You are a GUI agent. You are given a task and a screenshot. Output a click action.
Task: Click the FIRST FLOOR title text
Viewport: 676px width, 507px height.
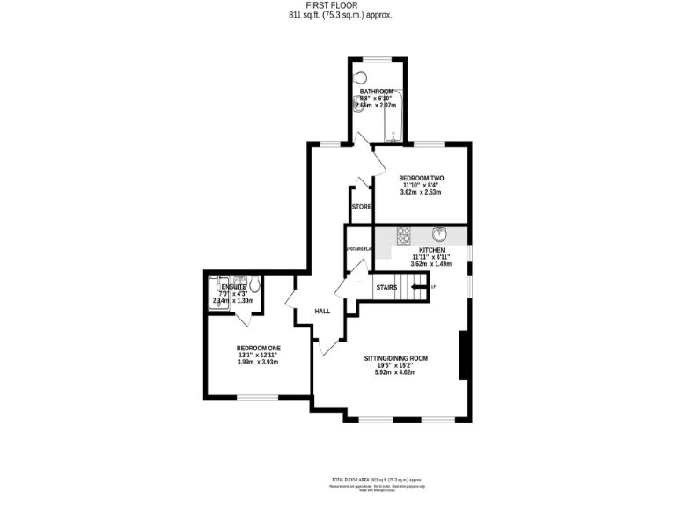pyautogui.click(x=338, y=5)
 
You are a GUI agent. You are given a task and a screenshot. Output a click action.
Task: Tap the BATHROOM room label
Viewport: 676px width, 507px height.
pyautogui.click(x=376, y=90)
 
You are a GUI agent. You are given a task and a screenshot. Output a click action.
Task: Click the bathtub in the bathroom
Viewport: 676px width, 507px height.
pyautogui.click(x=393, y=114)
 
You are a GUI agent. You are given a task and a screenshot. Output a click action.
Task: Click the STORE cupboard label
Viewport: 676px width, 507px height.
pyautogui.click(x=361, y=207)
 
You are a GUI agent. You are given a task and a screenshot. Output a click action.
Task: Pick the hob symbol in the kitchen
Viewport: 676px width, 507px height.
pyautogui.click(x=405, y=235)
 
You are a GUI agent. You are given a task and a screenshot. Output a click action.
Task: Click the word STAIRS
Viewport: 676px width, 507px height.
pyautogui.click(x=386, y=287)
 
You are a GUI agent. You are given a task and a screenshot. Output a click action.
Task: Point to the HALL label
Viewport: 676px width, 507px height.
pyautogui.click(x=323, y=311)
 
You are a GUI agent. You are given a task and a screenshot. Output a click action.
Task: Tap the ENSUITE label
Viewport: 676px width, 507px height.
pyautogui.click(x=233, y=286)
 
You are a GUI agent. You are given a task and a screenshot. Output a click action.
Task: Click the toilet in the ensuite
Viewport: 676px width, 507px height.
pyautogui.click(x=254, y=285)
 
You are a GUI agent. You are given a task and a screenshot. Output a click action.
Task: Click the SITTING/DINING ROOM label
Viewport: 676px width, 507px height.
pyautogui.click(x=396, y=358)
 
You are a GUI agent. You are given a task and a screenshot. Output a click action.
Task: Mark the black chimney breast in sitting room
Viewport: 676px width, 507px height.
pyautogui.click(x=464, y=356)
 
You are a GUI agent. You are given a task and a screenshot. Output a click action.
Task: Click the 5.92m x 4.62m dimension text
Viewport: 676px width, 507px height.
pyautogui.click(x=395, y=372)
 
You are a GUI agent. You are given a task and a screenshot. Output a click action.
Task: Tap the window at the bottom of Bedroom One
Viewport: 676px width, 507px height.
pyautogui.click(x=257, y=397)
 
